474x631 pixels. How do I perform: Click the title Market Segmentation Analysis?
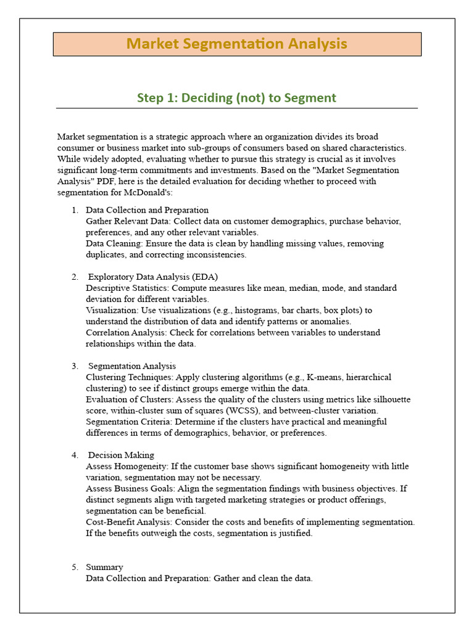(236, 44)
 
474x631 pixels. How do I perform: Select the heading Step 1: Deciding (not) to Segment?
(236, 97)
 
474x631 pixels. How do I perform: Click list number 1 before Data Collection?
(74, 210)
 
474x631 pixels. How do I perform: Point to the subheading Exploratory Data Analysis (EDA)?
(152, 277)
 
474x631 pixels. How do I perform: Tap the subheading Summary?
(104, 567)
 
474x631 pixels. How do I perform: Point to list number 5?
(74, 567)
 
